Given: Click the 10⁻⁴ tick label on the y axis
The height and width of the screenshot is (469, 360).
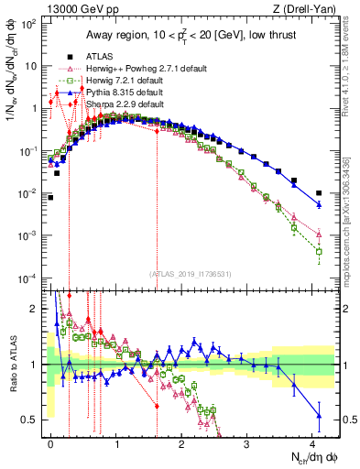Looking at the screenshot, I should pyautogui.click(x=29, y=278).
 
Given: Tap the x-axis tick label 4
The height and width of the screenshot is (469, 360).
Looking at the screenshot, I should pyautogui.click(x=312, y=442).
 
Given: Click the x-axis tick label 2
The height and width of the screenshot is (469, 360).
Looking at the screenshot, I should pyautogui.click(x=182, y=442).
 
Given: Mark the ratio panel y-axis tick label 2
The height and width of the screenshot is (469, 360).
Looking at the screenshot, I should pyautogui.click(x=37, y=309).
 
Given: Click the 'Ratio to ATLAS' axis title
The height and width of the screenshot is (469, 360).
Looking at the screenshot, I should pyautogui.click(x=12, y=364).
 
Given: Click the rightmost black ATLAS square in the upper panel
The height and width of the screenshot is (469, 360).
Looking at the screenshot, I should pyautogui.click(x=319, y=193).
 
